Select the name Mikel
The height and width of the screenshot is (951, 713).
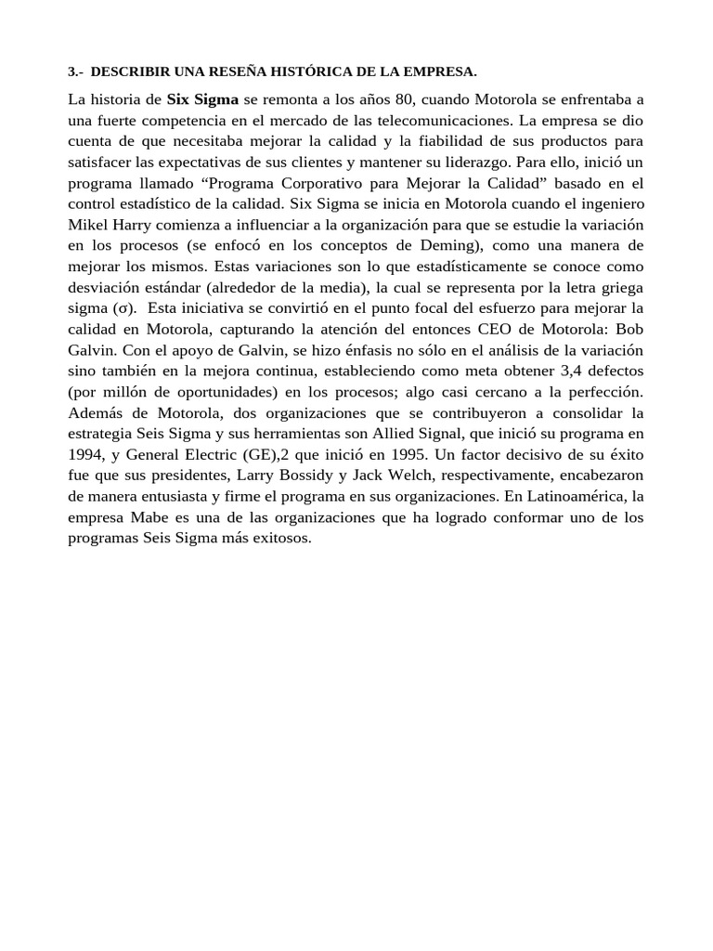pyautogui.click(x=88, y=225)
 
